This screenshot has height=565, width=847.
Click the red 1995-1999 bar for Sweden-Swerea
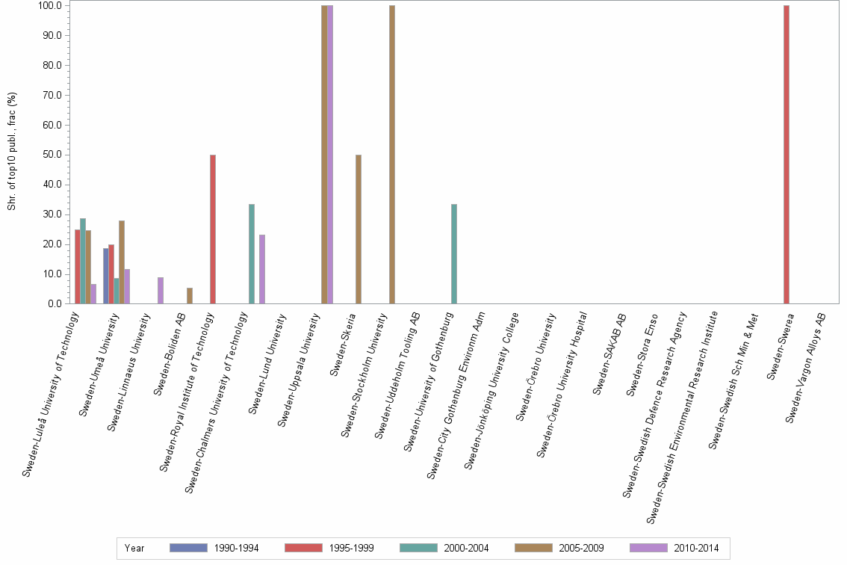pyautogui.click(x=786, y=155)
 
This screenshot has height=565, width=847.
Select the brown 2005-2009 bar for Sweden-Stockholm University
pyautogui.click(x=392, y=155)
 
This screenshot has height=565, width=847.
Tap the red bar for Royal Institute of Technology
pyautogui.click(x=213, y=229)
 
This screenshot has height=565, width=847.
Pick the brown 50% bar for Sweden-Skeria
pyautogui.click(x=359, y=229)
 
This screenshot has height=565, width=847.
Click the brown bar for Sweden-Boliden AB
pyautogui.click(x=190, y=296)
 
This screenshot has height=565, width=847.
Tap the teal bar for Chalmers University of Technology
pyautogui.click(x=252, y=254)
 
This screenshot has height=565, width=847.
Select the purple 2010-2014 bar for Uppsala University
pyautogui.click(x=330, y=155)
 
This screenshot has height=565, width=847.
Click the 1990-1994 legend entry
pyautogui.click(x=214, y=549)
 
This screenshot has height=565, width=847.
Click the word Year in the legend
pyautogui.click(x=134, y=549)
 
